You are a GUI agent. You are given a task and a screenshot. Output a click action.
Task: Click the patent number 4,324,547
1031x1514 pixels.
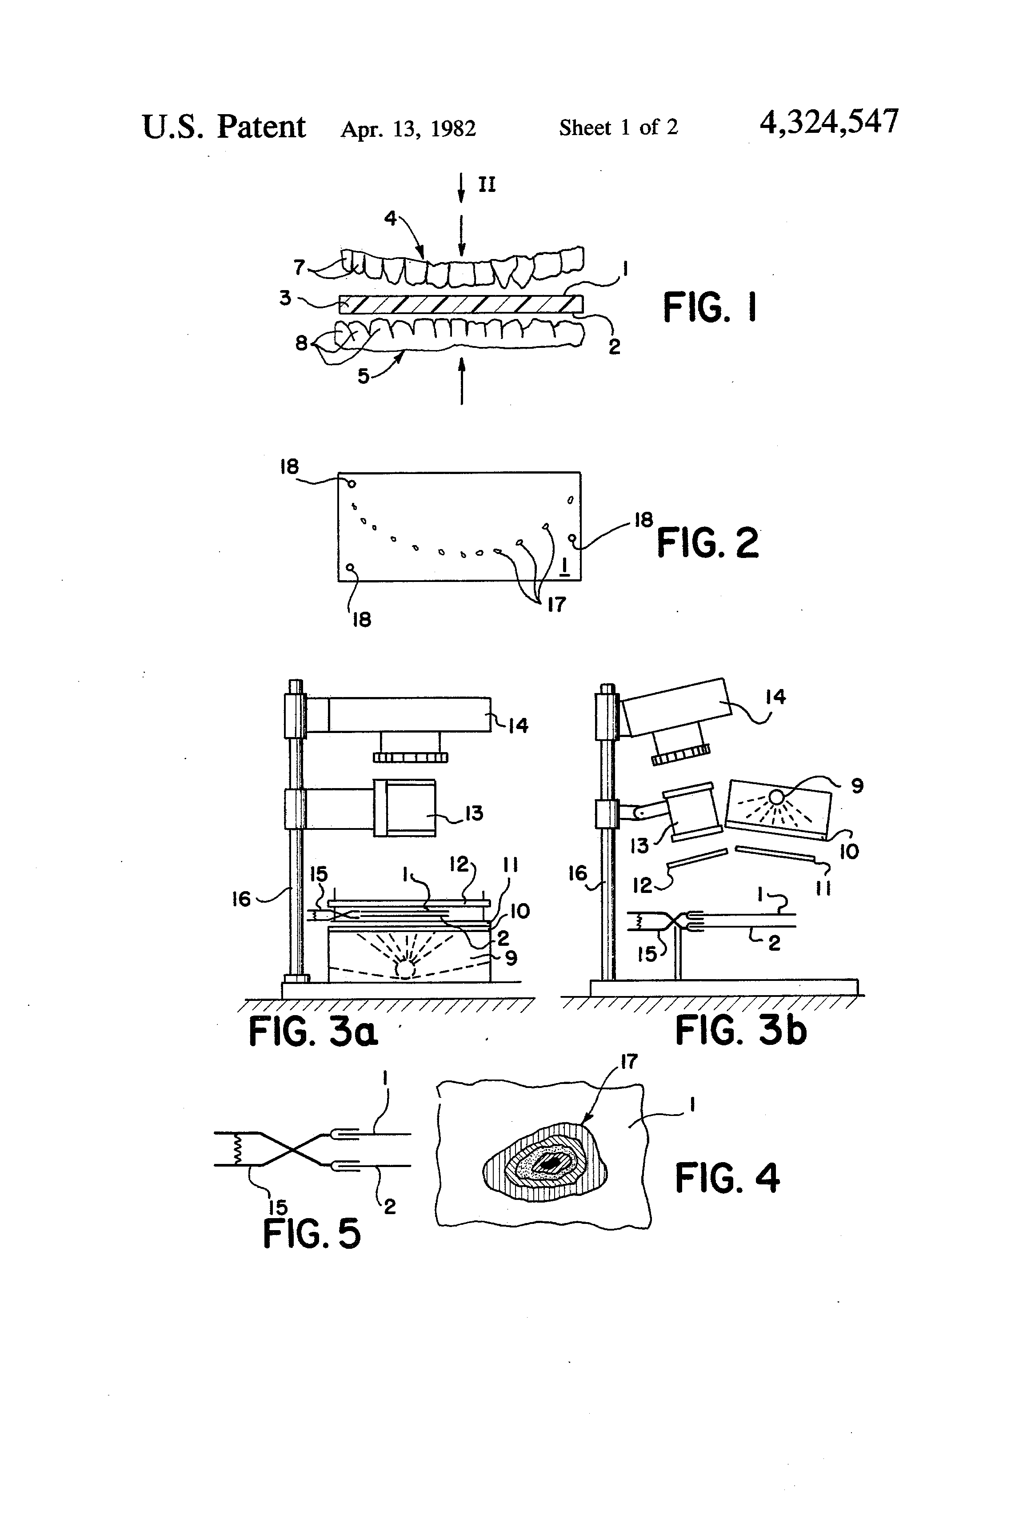(x=829, y=122)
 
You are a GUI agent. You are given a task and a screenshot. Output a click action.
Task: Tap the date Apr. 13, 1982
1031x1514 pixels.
(x=408, y=128)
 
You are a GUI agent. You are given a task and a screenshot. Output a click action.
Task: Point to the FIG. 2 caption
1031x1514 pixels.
(x=708, y=543)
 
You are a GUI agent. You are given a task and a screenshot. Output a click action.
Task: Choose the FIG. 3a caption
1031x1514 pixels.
(x=313, y=1032)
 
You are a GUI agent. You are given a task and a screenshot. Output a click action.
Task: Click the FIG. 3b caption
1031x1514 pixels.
(x=740, y=1031)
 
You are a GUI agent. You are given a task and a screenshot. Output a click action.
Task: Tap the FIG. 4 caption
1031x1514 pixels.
(x=727, y=1178)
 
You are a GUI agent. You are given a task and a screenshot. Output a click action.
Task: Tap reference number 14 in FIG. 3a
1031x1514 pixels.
(x=518, y=725)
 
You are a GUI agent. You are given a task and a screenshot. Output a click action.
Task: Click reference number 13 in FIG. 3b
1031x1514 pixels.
(x=639, y=845)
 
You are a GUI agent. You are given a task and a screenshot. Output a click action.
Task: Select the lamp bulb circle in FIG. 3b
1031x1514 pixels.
(x=776, y=797)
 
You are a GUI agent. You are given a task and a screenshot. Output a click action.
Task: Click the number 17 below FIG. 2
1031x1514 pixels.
(x=556, y=605)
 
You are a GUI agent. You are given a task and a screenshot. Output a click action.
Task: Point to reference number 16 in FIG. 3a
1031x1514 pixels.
(x=241, y=899)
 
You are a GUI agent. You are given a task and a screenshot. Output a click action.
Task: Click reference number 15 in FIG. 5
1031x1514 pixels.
(x=278, y=1207)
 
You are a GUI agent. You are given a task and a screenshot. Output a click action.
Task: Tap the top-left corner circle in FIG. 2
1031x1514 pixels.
(x=351, y=484)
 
